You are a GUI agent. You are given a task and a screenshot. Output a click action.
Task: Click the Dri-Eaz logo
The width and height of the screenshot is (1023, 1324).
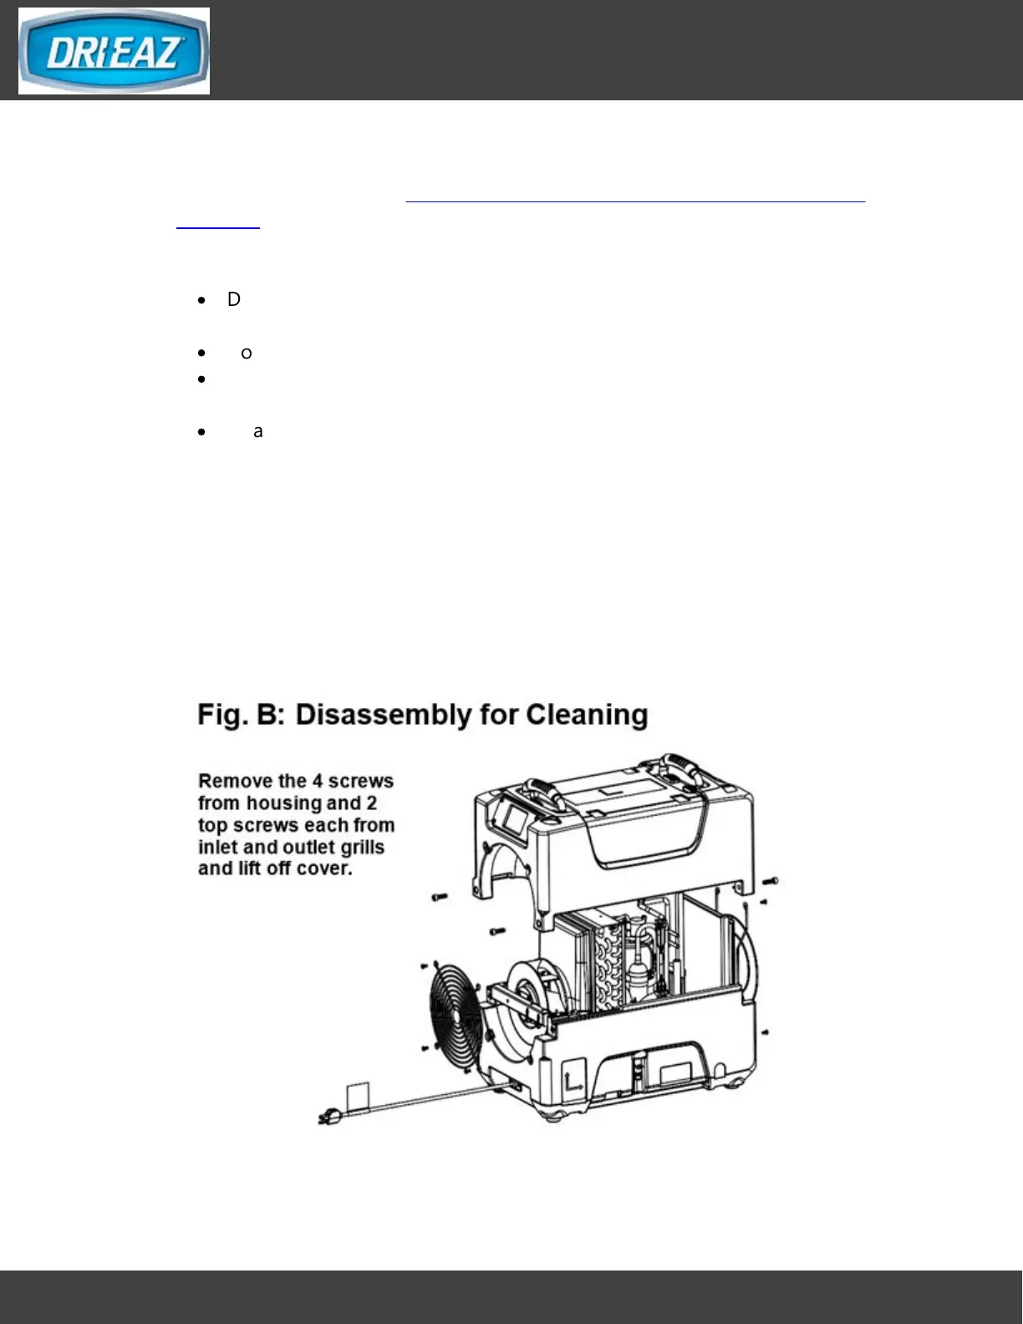tap(114, 51)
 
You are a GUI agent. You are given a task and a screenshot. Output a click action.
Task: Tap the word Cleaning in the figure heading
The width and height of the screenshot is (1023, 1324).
tap(587, 715)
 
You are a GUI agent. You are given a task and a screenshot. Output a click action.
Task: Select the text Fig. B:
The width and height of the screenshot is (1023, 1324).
tap(242, 715)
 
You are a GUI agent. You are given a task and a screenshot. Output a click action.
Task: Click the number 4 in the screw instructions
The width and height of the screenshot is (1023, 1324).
tap(318, 782)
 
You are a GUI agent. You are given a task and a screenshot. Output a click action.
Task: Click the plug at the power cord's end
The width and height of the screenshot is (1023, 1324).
tap(328, 1118)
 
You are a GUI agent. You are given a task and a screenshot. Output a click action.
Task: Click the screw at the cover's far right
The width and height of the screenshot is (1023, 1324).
tap(771, 881)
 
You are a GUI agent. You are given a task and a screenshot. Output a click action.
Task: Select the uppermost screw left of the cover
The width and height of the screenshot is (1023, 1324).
tap(440, 897)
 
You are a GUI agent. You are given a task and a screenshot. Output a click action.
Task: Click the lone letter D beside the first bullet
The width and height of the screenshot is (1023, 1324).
tap(234, 299)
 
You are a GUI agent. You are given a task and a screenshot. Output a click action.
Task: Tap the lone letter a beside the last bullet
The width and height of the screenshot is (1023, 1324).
tap(258, 431)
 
